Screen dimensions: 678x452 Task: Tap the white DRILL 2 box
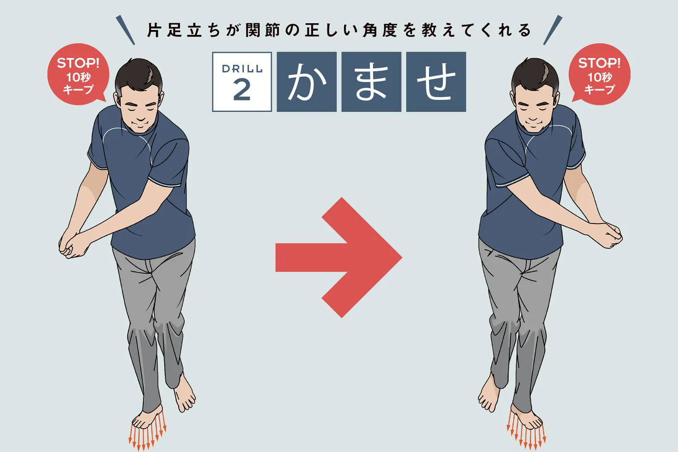coord(242,82)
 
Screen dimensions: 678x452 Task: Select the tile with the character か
coord(307,82)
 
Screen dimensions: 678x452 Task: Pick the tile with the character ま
coord(371,82)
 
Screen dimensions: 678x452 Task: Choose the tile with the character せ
coord(436,82)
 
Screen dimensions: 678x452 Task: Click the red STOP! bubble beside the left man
coord(78,74)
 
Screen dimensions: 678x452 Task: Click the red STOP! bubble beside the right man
coord(600,74)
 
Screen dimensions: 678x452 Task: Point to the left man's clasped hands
coord(73,243)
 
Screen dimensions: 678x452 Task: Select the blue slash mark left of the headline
coord(125,30)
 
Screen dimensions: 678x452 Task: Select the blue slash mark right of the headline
coord(553,30)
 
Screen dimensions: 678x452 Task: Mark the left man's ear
coord(117,99)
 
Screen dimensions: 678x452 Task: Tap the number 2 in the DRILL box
coord(242,90)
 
